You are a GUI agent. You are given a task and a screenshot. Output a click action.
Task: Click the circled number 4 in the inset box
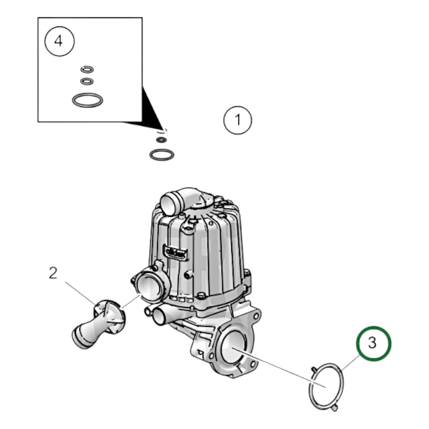[x=59, y=41]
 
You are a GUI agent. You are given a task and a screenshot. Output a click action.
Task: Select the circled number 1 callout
[x=238, y=120]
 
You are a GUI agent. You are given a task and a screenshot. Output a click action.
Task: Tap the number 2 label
[x=53, y=273]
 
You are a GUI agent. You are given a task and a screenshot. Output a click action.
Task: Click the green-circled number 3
[x=373, y=343]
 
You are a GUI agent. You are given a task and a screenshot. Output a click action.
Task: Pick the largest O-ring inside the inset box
[x=88, y=100]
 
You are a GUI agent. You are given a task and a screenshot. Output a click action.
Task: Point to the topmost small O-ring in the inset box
[x=87, y=69]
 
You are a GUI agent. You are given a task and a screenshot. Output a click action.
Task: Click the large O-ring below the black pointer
[x=162, y=155]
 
